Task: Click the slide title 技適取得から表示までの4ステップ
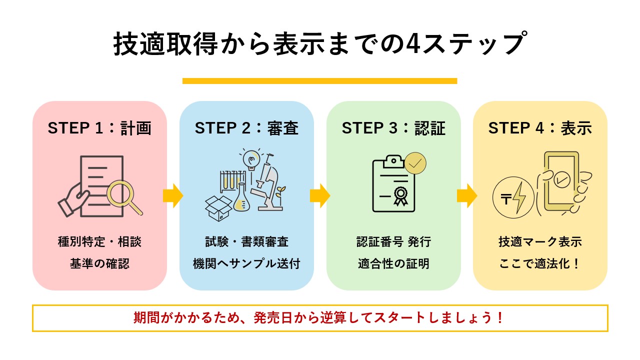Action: point(320,44)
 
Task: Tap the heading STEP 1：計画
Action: point(99,128)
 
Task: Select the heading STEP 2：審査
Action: point(246,128)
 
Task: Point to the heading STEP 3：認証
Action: point(393,128)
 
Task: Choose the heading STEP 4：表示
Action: point(540,128)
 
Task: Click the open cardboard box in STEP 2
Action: point(218,206)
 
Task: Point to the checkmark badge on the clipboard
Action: point(414,163)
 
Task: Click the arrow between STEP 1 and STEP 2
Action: point(173,195)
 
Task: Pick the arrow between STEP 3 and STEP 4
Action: point(467,195)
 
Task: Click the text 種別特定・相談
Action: point(99,242)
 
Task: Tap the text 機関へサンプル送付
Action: point(246,264)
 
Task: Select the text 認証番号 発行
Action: point(393,242)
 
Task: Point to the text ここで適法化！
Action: point(540,264)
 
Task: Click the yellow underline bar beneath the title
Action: point(320,81)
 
